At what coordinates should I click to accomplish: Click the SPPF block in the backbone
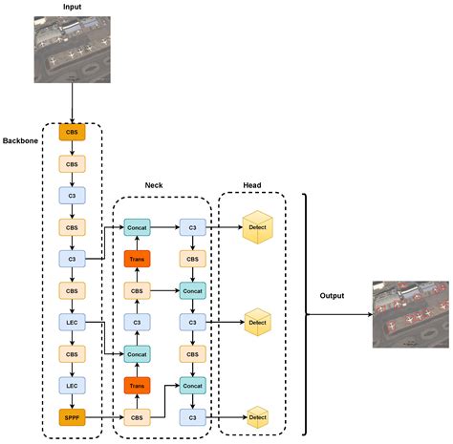72,416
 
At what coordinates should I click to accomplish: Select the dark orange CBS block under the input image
72,133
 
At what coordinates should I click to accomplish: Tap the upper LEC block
72,322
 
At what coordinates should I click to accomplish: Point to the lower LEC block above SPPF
72,385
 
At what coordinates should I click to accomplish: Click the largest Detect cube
256,227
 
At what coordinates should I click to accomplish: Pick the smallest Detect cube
256,416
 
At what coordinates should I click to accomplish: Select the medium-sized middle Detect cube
256,322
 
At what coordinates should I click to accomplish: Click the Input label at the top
72,8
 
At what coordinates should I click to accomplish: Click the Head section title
251,187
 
